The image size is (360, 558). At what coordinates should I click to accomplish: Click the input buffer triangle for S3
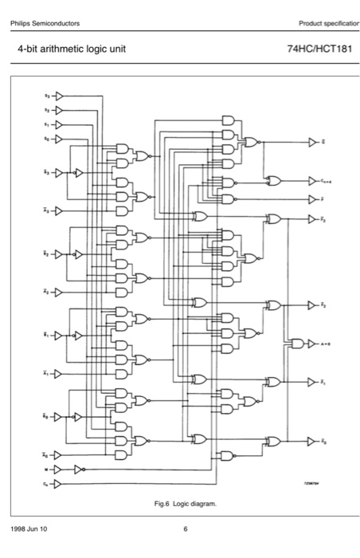click(58, 96)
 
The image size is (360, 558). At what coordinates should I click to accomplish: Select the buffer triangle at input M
click(58, 470)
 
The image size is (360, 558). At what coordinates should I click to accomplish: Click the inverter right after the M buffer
click(78, 470)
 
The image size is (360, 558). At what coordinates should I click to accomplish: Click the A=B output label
click(327, 344)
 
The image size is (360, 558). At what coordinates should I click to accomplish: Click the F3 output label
click(324, 218)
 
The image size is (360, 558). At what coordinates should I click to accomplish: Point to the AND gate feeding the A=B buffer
click(296, 344)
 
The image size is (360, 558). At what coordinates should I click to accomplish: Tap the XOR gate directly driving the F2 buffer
click(273, 305)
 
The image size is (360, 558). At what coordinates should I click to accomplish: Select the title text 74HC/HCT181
click(319, 50)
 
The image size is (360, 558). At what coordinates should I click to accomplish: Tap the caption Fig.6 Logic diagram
click(185, 504)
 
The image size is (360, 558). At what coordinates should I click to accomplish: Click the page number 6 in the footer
click(185, 529)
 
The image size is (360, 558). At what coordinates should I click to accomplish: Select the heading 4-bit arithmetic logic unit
click(72, 50)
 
